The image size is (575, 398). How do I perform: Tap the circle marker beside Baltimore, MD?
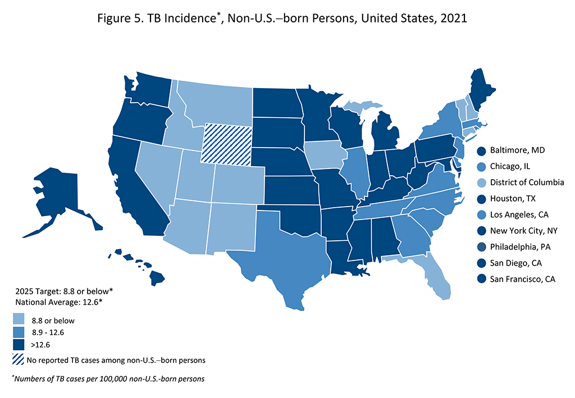click(x=482, y=150)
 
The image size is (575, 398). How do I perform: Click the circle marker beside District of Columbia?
click(x=482, y=182)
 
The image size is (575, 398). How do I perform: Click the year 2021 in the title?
click(x=453, y=19)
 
